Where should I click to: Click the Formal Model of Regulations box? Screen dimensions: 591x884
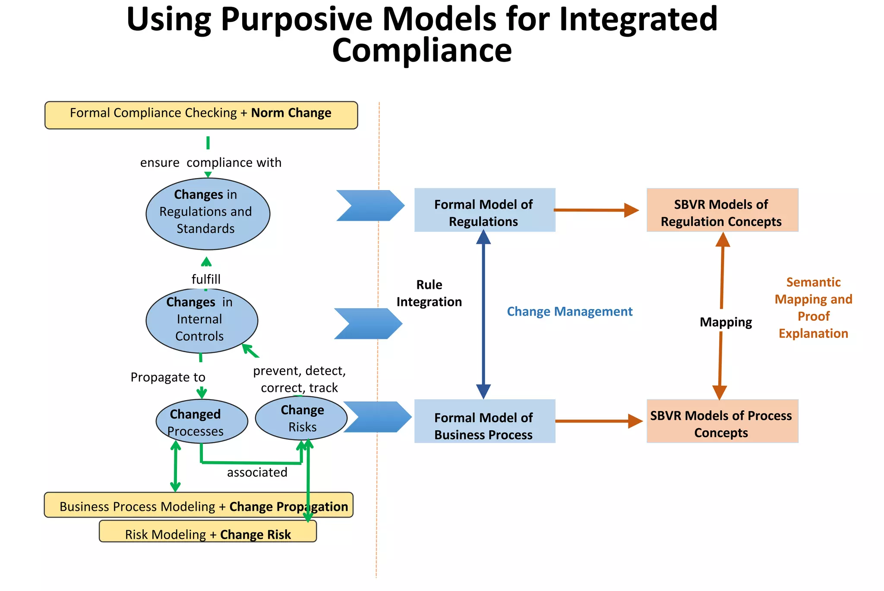coord(484,210)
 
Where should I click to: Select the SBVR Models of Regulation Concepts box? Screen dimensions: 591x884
coord(722,210)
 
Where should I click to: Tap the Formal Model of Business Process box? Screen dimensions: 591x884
coord(484,421)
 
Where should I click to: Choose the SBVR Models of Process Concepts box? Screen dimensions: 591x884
coord(722,421)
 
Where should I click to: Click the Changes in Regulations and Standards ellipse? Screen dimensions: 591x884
coord(208,214)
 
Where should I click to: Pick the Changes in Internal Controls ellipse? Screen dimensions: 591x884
coord(202,320)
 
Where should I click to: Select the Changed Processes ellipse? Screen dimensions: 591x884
coord(202,421)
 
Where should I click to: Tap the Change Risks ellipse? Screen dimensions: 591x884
coord(301,418)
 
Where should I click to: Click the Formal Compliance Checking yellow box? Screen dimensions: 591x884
coord(201,115)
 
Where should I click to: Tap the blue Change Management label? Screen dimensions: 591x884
coord(569,311)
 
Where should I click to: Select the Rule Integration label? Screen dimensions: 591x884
coord(429,293)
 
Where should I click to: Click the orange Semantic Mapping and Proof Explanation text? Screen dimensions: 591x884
coord(813,308)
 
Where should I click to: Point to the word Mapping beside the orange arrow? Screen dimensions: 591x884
coord(726,322)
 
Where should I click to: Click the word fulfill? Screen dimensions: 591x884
coord(206,279)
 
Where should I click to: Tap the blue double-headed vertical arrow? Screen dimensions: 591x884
coord(483,315)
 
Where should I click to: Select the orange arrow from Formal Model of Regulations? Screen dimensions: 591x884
coord(596,210)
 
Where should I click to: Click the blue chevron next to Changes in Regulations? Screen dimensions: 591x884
coord(370,206)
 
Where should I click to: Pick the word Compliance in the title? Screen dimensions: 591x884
coord(422,50)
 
